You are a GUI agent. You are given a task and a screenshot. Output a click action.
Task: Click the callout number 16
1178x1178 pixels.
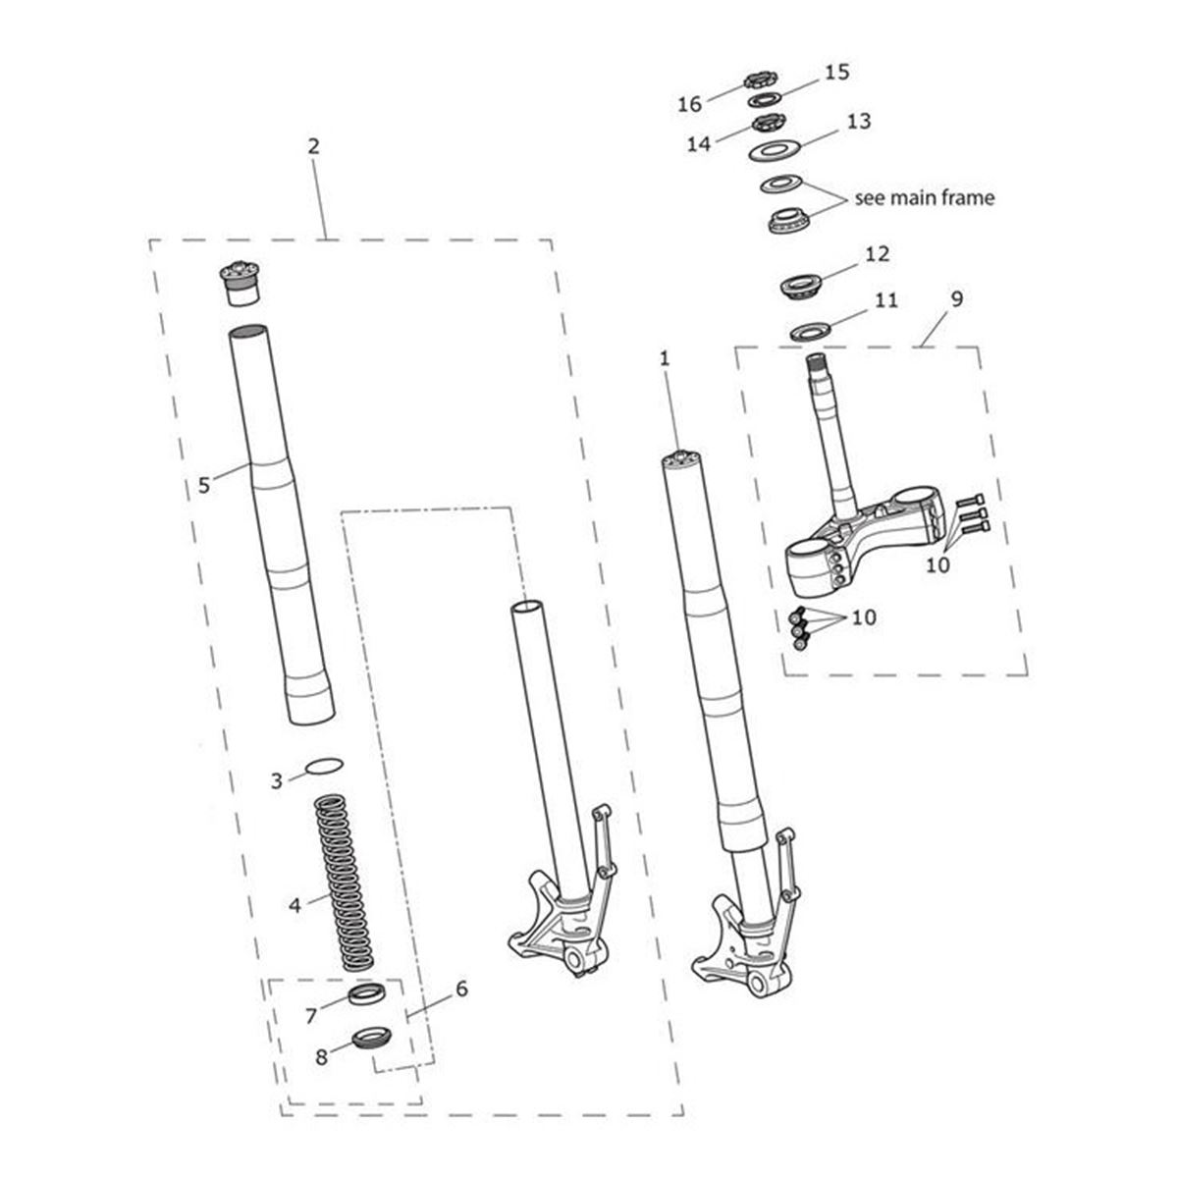tap(689, 104)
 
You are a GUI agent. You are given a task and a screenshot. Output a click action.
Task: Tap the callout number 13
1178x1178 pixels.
tap(859, 121)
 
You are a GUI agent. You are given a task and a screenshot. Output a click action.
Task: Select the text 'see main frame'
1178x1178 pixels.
tap(925, 198)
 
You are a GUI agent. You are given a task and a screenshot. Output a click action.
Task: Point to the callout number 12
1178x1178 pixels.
tap(878, 253)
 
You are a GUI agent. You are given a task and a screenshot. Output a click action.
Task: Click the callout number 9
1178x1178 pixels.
tap(957, 299)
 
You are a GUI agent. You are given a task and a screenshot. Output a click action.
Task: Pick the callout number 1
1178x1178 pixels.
tap(665, 359)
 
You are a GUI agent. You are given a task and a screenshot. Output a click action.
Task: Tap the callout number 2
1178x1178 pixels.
tap(313, 146)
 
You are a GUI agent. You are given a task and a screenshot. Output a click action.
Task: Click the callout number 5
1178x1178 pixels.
tap(203, 485)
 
